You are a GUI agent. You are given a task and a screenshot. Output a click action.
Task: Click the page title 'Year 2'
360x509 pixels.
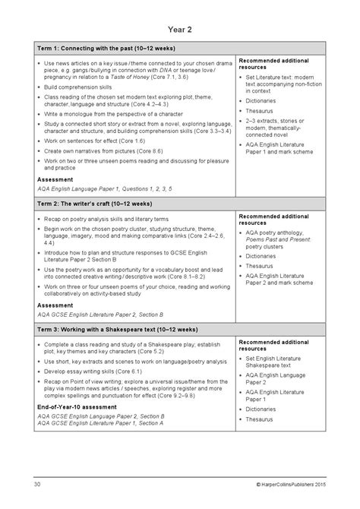[179, 31]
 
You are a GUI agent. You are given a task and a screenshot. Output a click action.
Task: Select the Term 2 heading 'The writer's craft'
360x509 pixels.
[93, 204]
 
